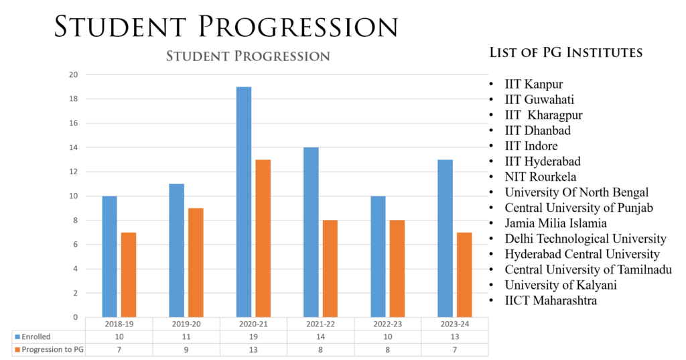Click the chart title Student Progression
point(248,56)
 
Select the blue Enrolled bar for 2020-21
point(244,201)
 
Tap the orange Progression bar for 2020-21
point(263,238)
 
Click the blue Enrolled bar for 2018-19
point(109,256)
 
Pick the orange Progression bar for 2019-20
point(196,262)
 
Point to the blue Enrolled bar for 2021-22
point(311,232)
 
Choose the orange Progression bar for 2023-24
point(464,274)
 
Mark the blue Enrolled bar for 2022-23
point(378,256)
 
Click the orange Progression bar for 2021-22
point(330,268)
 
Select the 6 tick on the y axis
point(75,245)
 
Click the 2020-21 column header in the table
point(253,323)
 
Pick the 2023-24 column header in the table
point(454,323)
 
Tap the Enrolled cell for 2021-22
point(320,337)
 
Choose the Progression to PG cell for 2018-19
point(119,350)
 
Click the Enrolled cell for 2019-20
point(186,337)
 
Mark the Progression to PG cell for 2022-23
point(387,350)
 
